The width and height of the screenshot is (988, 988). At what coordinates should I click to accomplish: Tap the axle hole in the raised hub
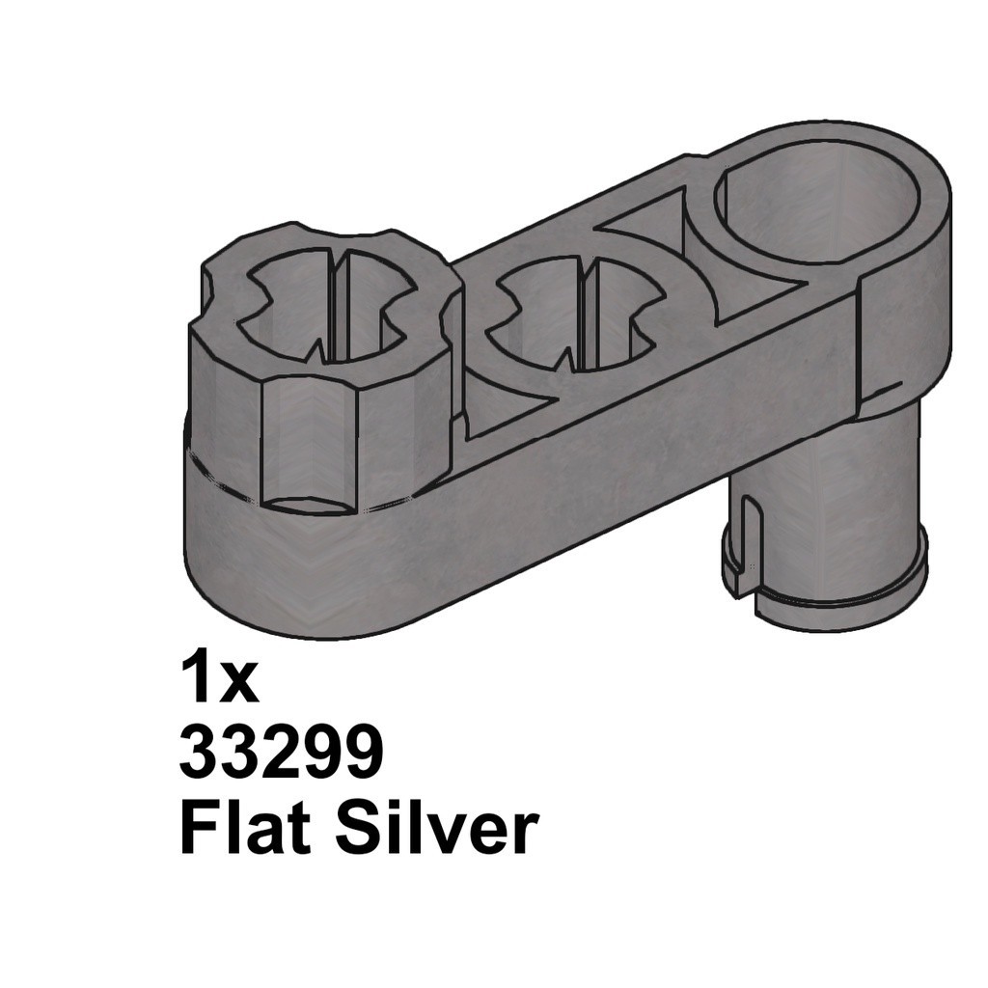329,308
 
